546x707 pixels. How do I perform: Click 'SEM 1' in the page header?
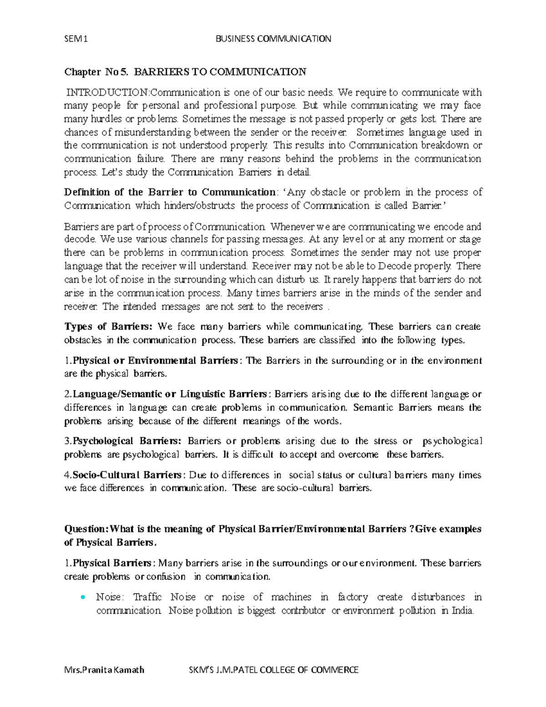coord(76,39)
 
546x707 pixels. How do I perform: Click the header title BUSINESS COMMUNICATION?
coord(273,39)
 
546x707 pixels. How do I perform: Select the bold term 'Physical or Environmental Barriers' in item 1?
coord(155,361)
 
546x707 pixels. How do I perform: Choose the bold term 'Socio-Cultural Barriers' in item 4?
coord(127,475)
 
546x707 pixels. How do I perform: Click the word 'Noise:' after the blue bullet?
coord(109,597)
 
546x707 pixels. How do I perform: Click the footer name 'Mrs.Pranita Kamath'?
coord(104,670)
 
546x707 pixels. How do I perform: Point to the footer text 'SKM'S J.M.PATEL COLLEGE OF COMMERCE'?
coord(273,670)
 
